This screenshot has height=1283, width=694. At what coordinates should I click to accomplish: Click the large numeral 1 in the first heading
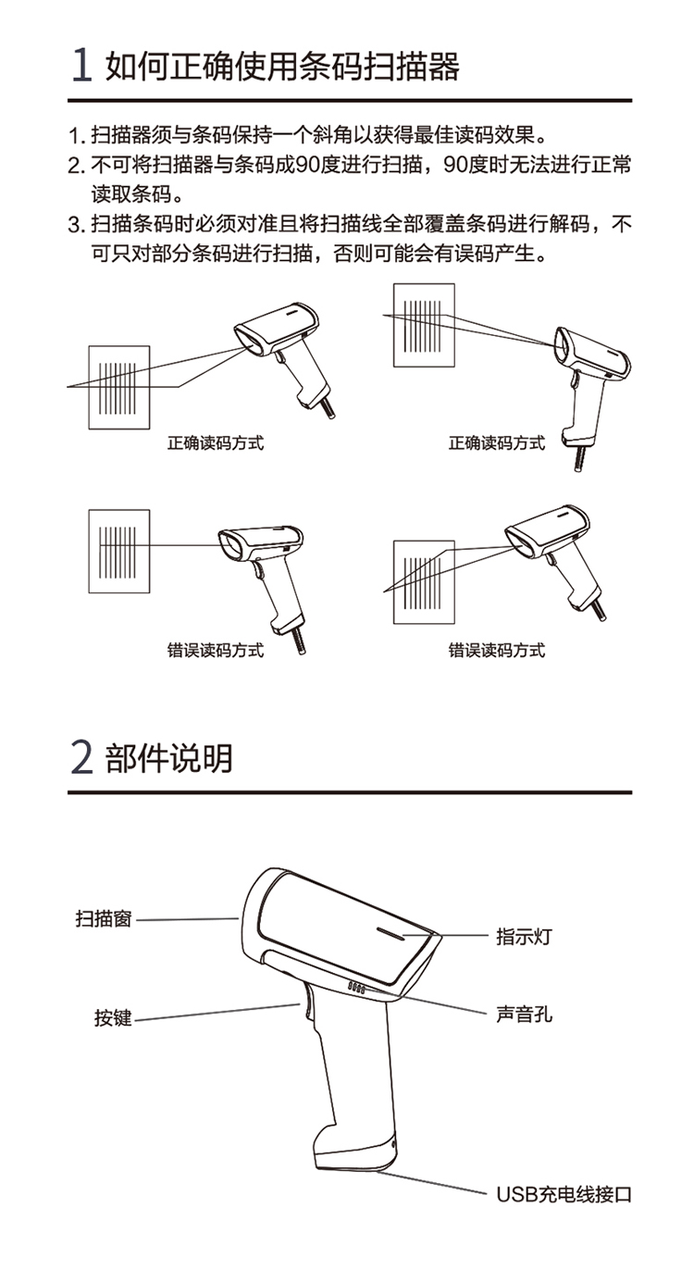coord(81,65)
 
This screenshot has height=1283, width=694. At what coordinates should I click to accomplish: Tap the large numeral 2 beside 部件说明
coord(81,757)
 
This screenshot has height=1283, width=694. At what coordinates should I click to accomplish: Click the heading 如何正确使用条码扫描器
coord(282,66)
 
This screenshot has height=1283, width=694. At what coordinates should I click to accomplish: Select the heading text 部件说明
coord(169,758)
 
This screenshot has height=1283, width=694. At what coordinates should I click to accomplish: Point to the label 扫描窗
coord(104,918)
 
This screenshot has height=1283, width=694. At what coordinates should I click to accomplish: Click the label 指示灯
coord(524,937)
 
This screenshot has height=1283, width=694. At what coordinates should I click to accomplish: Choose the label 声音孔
coord(524,1014)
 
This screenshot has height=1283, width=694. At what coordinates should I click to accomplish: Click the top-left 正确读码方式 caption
coord(216,442)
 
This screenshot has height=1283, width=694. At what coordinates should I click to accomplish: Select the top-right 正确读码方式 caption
coord(497,442)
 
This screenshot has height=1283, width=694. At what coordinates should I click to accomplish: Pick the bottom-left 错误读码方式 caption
coord(216,650)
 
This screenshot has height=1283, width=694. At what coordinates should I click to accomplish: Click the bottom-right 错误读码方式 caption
coord(497,650)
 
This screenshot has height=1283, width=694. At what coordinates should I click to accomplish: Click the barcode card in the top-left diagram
coord(119,387)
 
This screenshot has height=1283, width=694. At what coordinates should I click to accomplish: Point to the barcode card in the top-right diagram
coord(425,325)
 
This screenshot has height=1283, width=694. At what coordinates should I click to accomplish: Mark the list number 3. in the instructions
coord(77,225)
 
